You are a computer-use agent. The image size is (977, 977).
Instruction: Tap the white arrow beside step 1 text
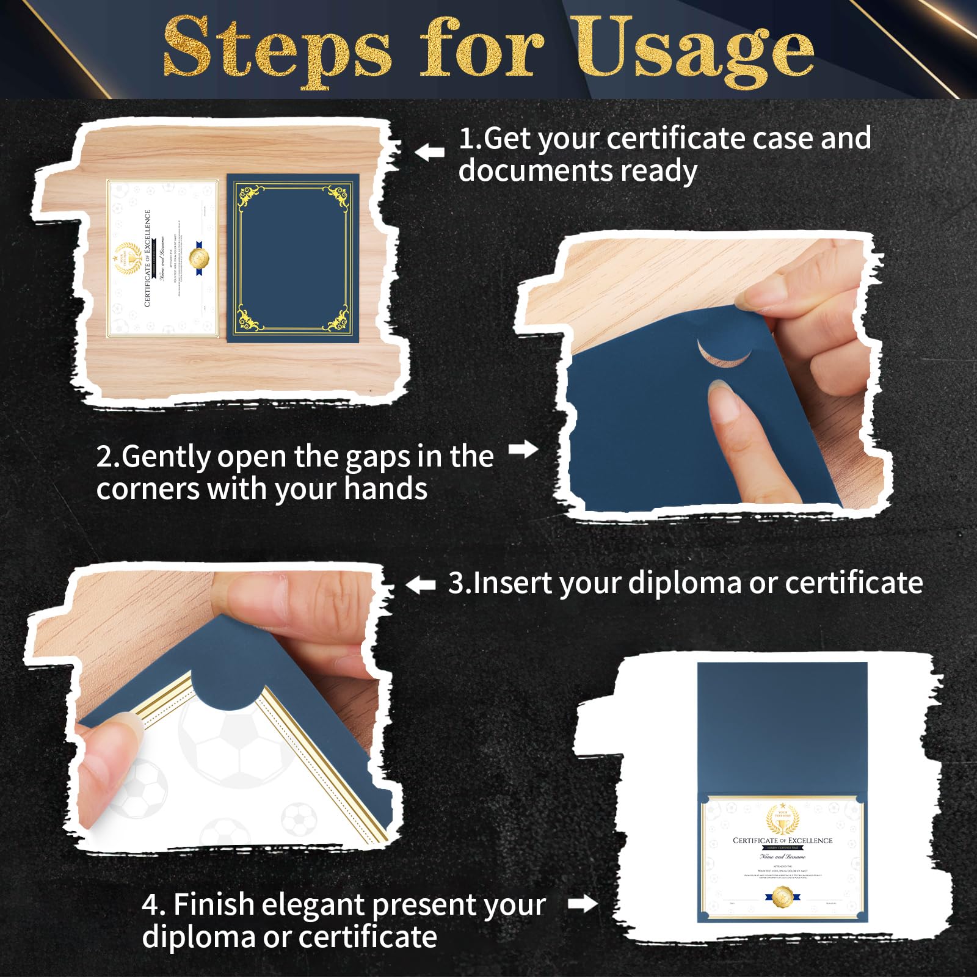click(x=430, y=151)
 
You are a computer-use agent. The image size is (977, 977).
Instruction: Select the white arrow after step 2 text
click(x=523, y=449)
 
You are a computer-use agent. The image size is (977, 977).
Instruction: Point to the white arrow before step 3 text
click(x=421, y=585)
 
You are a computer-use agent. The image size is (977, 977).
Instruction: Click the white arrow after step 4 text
click(x=583, y=904)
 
